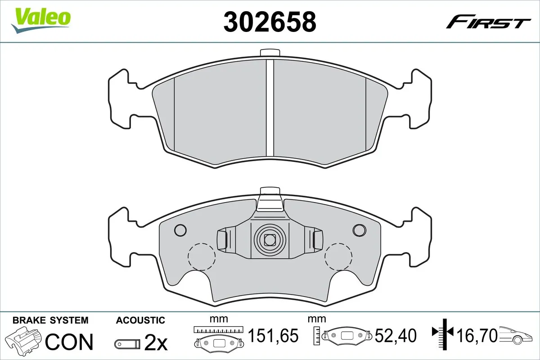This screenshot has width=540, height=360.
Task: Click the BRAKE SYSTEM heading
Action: (50, 320)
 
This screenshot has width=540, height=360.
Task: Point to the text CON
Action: (70, 342)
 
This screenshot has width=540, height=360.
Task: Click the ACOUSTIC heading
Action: (140, 320)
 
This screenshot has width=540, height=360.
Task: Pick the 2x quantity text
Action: (156, 343)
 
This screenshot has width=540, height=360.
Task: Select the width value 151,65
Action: (274, 335)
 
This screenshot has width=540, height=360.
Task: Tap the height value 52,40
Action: (396, 335)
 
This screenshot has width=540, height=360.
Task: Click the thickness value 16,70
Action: (477, 335)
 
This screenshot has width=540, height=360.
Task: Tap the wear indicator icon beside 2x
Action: (128, 344)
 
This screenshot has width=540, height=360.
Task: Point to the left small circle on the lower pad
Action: (180, 230)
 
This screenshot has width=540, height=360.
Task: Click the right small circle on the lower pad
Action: (360, 230)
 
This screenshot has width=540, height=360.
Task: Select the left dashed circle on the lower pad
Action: (201, 256)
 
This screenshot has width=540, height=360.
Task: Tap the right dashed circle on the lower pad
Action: (338, 256)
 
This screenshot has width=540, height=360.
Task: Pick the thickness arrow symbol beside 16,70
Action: (444, 333)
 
